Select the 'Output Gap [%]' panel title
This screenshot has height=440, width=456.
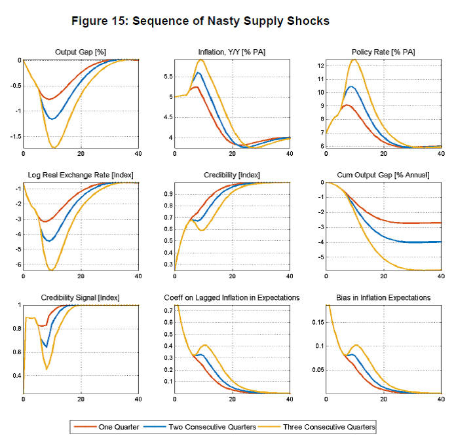(80, 52)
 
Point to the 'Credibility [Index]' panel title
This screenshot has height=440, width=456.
(231, 175)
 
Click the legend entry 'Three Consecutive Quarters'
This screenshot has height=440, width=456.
(329, 427)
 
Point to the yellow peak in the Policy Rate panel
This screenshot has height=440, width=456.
(354, 60)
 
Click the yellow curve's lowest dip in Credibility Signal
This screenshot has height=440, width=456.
(46, 369)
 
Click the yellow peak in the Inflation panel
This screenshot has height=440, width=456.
(201, 60)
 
